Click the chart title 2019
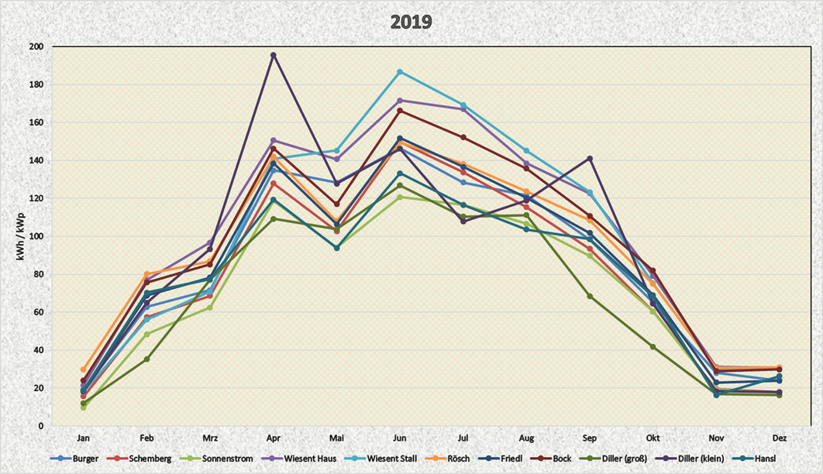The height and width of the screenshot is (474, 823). (x=411, y=22)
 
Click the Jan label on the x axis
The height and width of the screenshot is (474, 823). (x=84, y=437)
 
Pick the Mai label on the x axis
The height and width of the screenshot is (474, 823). (x=336, y=437)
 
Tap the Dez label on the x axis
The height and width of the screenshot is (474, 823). (x=779, y=437)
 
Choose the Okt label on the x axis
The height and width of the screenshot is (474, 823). (x=653, y=437)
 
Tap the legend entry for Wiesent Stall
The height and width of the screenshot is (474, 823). (x=391, y=459)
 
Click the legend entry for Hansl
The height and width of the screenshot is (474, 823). (x=767, y=459)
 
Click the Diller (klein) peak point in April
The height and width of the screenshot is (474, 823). (x=273, y=55)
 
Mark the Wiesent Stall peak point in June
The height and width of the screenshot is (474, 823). (x=400, y=72)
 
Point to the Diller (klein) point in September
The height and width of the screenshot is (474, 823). (x=590, y=159)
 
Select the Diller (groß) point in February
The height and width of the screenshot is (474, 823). (x=146, y=359)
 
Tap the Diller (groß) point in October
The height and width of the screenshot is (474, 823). (x=653, y=346)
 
